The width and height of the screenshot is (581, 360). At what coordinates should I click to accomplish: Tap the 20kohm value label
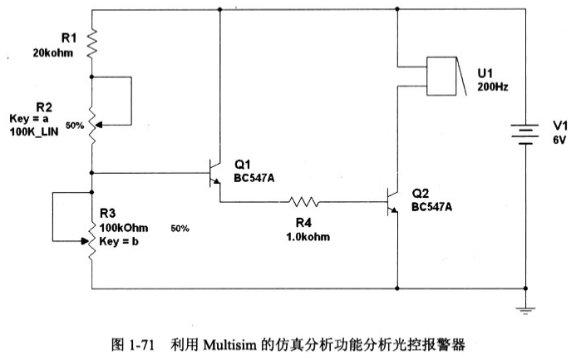pos(52,52)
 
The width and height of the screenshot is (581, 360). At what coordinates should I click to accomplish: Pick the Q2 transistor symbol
pos(392,201)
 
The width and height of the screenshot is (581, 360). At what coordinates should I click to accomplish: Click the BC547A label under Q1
pos(256,177)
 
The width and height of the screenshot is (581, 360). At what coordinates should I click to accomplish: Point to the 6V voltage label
pos(559,141)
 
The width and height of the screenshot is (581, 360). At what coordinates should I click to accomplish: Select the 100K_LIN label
pos(36,131)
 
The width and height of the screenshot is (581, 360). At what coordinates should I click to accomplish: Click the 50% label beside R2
pos(75,126)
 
